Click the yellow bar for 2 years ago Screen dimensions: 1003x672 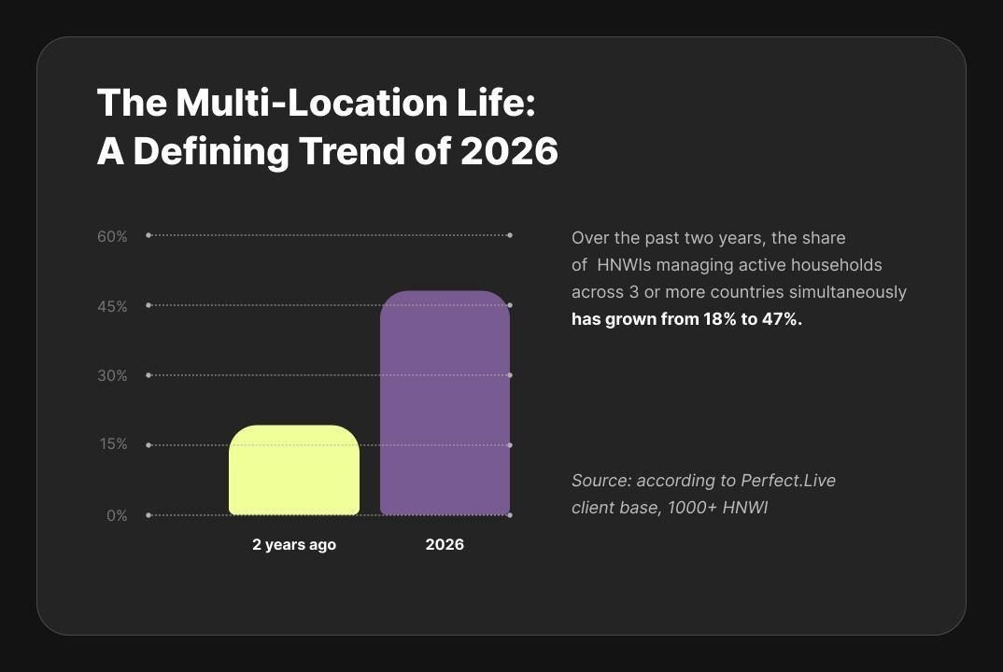[x=294, y=470]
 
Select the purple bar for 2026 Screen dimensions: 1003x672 [x=445, y=403]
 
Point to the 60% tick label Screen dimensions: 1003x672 [x=113, y=236]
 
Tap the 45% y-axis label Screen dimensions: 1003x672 [x=113, y=307]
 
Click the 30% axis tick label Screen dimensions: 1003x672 [x=113, y=376]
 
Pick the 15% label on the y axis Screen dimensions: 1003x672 [x=114, y=444]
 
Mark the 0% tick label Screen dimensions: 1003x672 [x=117, y=515]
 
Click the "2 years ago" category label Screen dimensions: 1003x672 [x=294, y=545]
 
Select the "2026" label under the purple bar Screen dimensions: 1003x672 [x=445, y=544]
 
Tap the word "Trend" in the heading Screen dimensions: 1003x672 [x=352, y=151]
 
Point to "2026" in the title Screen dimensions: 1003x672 [x=509, y=151]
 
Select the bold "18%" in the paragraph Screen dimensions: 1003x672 [x=720, y=319]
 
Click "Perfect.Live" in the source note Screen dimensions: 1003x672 [x=788, y=481]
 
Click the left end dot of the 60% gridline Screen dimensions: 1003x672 [x=148, y=235]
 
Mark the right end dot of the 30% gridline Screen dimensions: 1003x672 [x=510, y=375]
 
